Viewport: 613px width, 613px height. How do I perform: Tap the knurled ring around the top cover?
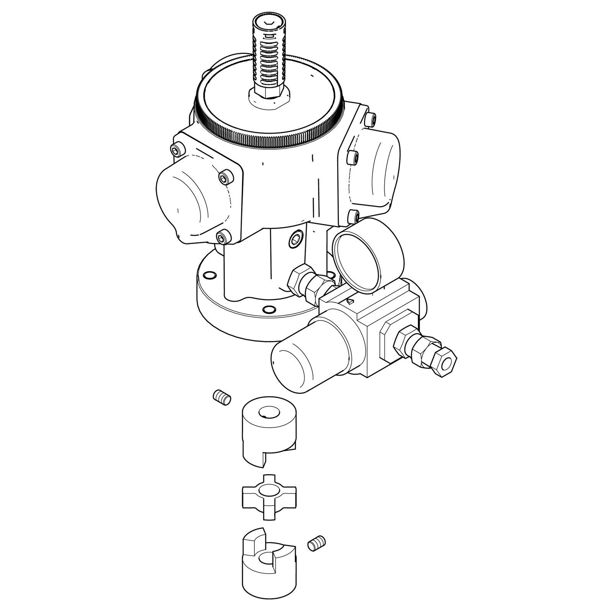pos(268,136)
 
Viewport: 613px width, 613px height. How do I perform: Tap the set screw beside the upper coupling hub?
pos(222,397)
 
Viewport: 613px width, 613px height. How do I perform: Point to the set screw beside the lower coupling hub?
pos(316,544)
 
